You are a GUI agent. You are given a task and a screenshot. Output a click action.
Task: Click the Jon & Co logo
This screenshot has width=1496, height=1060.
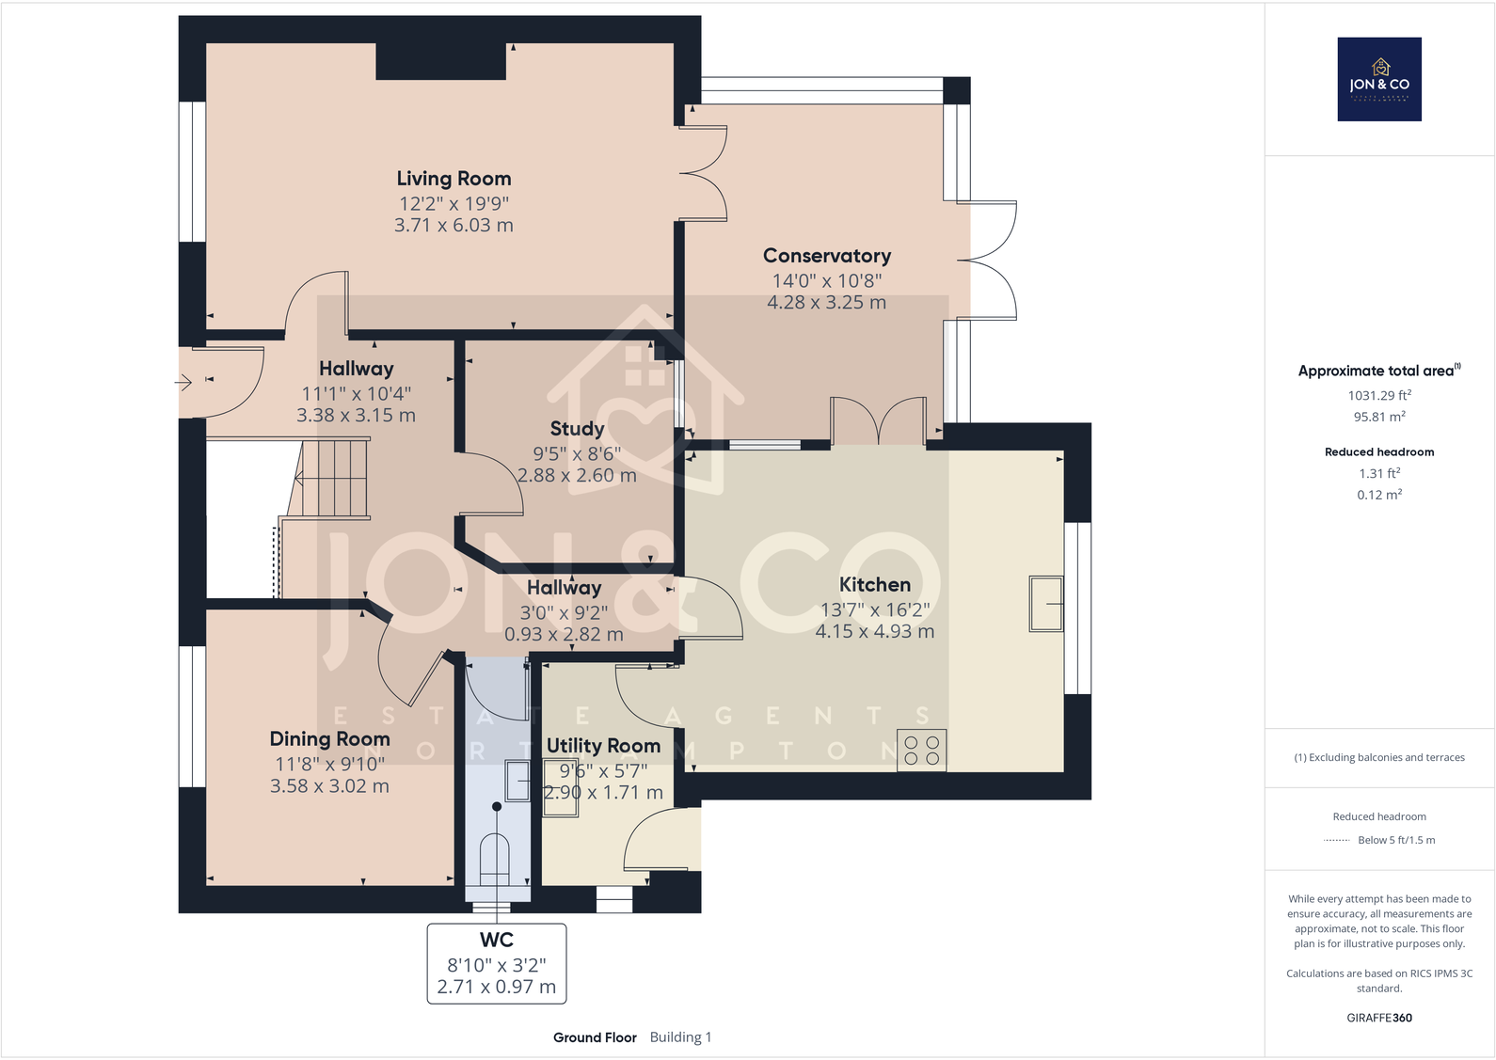1379,79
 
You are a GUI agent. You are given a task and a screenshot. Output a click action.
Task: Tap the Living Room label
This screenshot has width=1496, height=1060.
454,179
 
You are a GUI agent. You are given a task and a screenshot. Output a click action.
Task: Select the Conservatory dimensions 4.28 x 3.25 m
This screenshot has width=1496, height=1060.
826,303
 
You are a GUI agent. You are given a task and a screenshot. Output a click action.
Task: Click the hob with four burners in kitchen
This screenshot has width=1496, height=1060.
922,751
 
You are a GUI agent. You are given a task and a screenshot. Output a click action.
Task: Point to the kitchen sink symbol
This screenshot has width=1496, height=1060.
1046,604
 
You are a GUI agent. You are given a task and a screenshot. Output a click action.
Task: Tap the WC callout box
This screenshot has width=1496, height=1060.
497,963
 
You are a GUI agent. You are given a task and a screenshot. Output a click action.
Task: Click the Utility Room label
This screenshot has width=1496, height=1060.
603,746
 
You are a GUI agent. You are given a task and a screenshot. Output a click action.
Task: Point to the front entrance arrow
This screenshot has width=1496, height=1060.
183,382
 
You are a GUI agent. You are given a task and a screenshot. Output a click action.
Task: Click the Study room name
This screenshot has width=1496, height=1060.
577,429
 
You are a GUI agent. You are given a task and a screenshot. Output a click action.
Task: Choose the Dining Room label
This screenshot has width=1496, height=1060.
329,739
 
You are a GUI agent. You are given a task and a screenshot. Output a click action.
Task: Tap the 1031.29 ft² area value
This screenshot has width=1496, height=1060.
1379,396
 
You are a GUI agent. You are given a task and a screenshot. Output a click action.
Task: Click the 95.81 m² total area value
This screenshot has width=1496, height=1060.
1379,417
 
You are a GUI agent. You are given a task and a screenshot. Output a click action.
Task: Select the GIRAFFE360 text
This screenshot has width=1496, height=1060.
1379,1018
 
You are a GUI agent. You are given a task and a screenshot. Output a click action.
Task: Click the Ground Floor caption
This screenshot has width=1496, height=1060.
595,1037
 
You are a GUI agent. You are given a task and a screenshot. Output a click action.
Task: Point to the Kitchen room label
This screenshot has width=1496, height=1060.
874,585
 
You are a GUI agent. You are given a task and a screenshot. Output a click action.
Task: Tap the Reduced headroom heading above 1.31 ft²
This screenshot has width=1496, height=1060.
1379,452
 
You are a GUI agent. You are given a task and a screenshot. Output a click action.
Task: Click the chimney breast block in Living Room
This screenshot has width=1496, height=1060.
441,61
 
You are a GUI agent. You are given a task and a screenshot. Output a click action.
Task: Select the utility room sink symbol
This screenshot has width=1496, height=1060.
519,781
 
